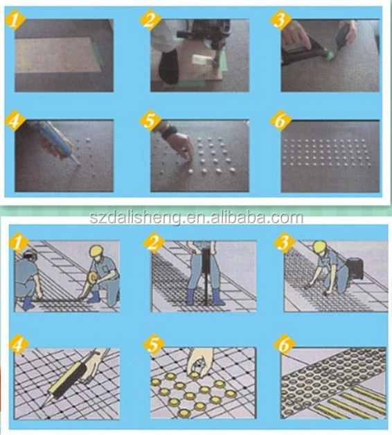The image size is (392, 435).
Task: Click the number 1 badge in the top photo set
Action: click(15, 19)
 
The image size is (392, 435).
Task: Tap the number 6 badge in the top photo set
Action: click(280, 121)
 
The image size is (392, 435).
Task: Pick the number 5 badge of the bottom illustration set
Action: click(153, 346)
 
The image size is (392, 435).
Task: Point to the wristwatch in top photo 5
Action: click(168, 132)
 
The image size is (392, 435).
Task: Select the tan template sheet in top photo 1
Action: click(57, 55)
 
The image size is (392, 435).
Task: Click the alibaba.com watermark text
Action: click(197, 218)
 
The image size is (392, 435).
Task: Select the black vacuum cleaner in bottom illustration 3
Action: click(355, 268)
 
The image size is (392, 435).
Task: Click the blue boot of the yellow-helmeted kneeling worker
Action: click(94, 298)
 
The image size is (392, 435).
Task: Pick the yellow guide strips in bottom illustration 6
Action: click(352, 401)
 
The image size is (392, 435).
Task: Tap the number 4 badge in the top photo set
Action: click(15, 121)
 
